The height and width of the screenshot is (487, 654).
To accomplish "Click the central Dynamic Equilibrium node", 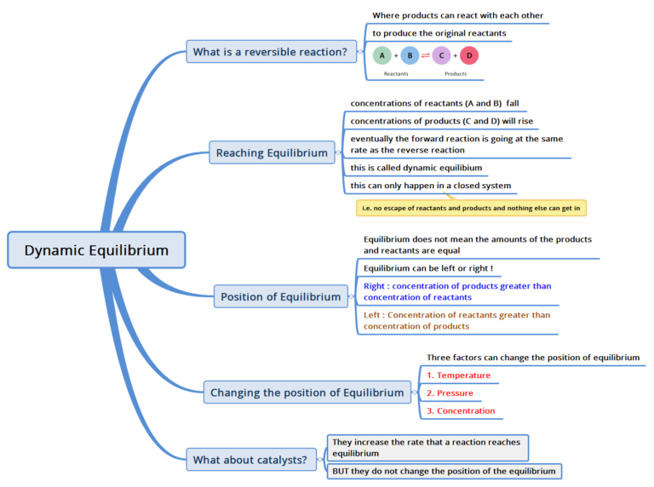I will pos(96,250).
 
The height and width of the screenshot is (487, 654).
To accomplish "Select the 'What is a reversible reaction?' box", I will pos(270,52).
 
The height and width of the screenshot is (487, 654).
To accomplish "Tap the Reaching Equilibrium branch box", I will pos(272,153).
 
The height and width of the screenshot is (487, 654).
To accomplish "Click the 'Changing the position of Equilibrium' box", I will pos(307,392).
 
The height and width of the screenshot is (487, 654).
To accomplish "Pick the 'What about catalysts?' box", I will pos(250,460).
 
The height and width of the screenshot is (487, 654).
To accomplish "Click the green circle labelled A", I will pos(382,55).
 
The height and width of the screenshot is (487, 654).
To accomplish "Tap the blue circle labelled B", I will pos(410,55).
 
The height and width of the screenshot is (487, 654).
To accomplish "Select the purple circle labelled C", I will pos(441,55).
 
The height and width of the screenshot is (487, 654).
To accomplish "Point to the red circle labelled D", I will pos(469,55).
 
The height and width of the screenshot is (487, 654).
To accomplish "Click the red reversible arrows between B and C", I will pos(426,55).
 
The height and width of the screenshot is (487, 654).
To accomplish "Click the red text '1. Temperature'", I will pos(458,375).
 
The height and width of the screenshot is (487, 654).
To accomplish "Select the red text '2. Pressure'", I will pos(450,393).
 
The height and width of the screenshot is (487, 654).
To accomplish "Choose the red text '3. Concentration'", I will pos(461,411).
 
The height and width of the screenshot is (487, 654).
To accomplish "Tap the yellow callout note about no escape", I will pos(471,208).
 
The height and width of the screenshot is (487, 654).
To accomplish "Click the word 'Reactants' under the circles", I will pos(396,74).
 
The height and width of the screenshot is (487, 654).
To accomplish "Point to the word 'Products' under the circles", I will pos(456,74).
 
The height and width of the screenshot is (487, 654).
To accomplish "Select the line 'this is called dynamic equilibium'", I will pos(416,168).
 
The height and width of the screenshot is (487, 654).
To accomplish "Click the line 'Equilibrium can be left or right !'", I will pos(427,269).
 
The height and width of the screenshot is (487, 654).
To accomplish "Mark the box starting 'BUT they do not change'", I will pos(444,471).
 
